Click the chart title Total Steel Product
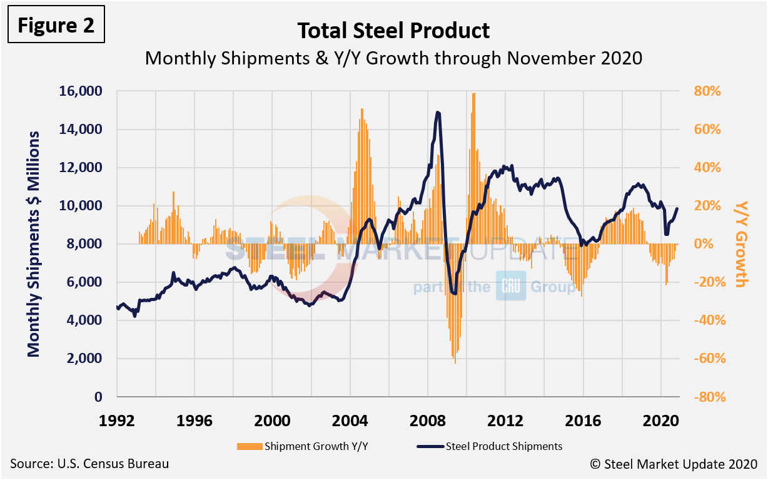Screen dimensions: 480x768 point(393,30)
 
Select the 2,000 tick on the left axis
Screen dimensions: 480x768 point(88,359)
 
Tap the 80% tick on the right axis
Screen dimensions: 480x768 point(707,91)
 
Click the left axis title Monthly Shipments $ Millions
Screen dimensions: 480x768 point(34,244)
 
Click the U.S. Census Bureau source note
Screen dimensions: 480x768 point(89,464)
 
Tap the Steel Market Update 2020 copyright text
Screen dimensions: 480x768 point(673,464)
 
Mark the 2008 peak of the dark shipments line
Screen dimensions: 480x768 point(438,113)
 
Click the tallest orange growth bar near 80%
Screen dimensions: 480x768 point(474,94)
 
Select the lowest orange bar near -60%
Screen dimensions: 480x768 point(455,362)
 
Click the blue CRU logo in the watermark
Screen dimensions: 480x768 point(511,286)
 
